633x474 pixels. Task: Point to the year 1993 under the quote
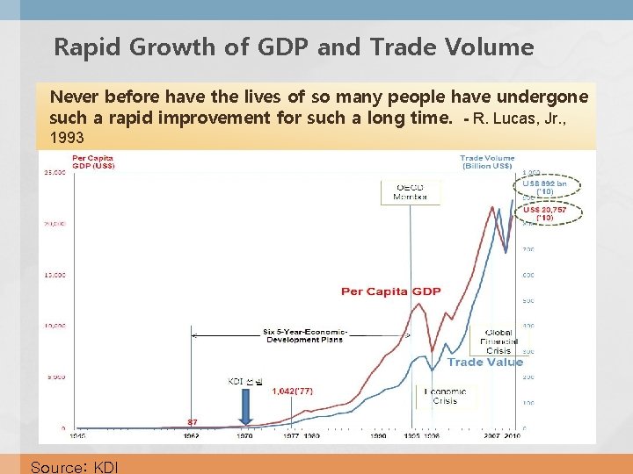[x=67, y=138]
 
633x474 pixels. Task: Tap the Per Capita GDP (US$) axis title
[x=93, y=162]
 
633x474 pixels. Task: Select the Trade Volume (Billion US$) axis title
[x=487, y=162]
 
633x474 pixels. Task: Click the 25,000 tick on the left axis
[x=54, y=172]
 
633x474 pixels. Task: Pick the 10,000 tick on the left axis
[x=54, y=326]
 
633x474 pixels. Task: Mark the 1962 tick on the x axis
[x=191, y=434]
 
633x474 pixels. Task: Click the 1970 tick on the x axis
[x=245, y=434]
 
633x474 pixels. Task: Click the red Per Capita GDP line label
[x=390, y=291]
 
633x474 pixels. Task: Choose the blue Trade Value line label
[x=484, y=362]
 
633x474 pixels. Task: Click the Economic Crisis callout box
[x=445, y=396]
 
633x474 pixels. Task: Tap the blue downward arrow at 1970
[x=246, y=406]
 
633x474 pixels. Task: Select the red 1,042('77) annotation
[x=292, y=391]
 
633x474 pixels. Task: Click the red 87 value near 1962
[x=193, y=421]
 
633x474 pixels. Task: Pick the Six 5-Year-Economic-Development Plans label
[x=305, y=335]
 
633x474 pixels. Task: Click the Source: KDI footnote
[x=73, y=466]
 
